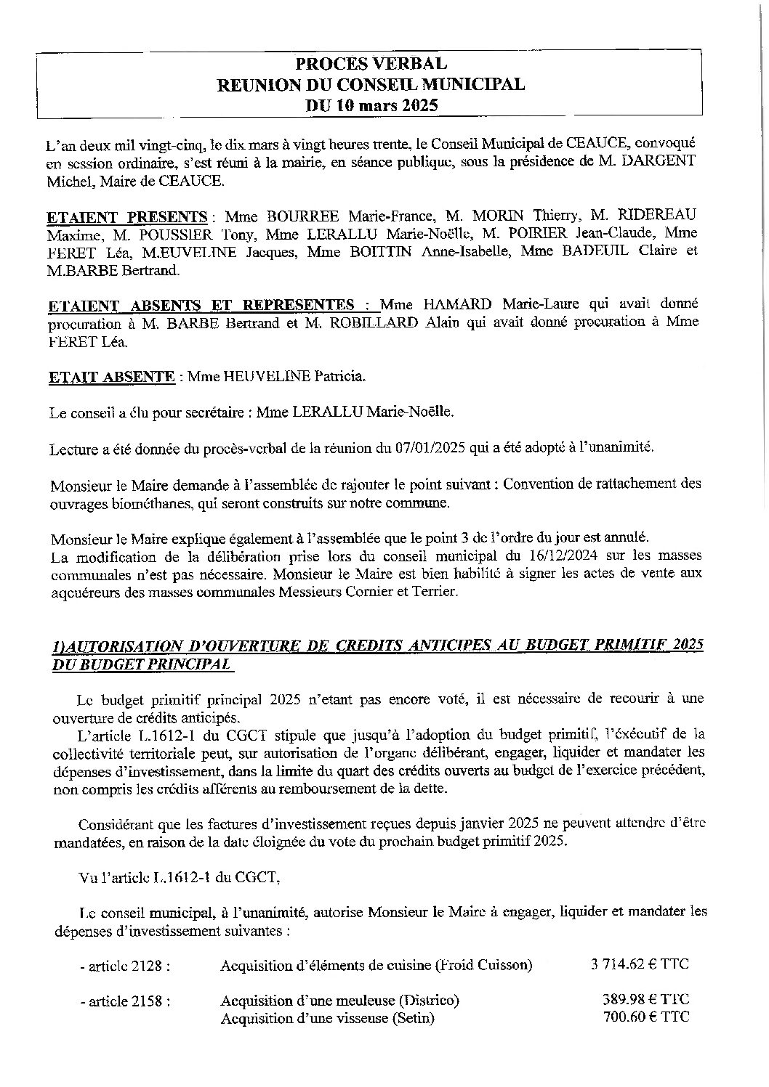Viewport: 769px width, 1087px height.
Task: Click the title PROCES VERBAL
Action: pyautogui.click(x=371, y=65)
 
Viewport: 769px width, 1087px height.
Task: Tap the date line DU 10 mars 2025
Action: pyautogui.click(x=371, y=105)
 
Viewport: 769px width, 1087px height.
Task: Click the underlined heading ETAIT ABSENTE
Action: pyautogui.click(x=111, y=377)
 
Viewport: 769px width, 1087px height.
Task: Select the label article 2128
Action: pyautogui.click(x=126, y=966)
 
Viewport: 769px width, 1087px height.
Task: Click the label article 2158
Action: pyautogui.click(x=126, y=1001)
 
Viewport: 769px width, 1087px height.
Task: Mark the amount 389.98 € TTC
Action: pyautogui.click(x=645, y=999)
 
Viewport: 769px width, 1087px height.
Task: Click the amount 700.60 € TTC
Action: pyautogui.click(x=645, y=1017)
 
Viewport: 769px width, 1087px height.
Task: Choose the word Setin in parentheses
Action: pyautogui.click(x=412, y=1018)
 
